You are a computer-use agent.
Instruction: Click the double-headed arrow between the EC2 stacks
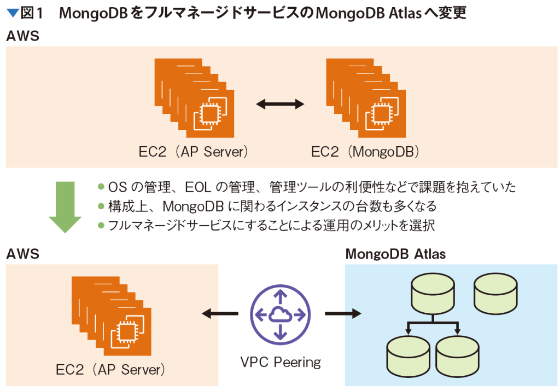point(281,104)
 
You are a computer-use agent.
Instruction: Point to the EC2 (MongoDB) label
point(365,152)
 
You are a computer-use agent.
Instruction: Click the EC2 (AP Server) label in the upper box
point(194,152)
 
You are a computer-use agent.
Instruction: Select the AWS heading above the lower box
point(22,254)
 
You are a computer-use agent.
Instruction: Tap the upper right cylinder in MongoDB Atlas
point(495,291)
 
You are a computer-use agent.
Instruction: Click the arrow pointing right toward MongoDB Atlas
point(343,314)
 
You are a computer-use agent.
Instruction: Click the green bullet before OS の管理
point(101,187)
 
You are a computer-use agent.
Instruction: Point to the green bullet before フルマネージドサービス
point(101,224)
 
